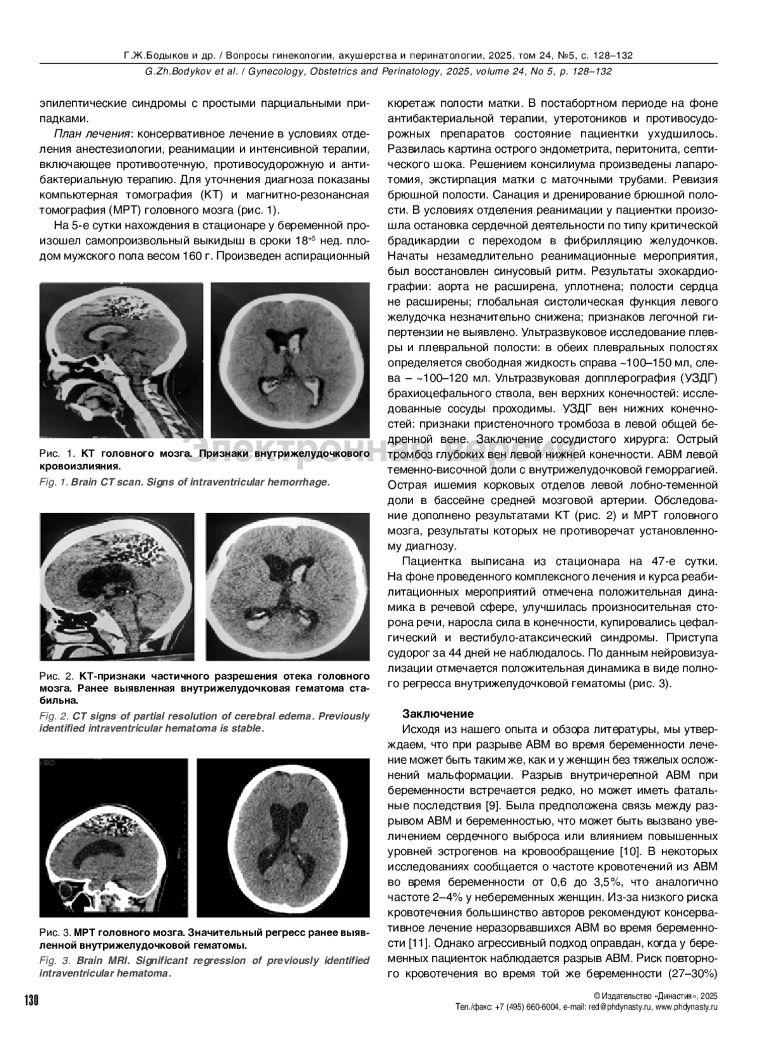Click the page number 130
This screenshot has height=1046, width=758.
31,1001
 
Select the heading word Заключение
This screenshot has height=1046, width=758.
438,714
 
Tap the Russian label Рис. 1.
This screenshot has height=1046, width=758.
57,454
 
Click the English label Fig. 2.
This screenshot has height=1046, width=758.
54,716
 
